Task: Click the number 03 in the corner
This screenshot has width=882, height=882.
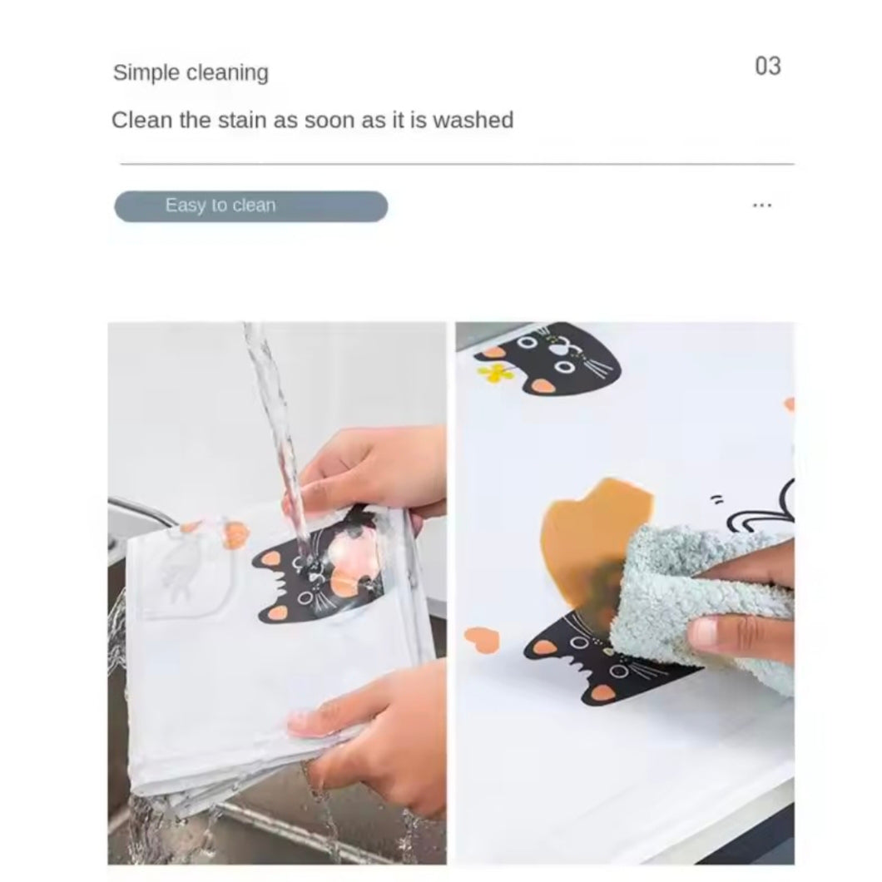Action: pyautogui.click(x=768, y=67)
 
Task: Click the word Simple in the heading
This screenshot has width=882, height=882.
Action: pyautogui.click(x=146, y=73)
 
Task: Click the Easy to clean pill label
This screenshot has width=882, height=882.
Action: pyautogui.click(x=251, y=206)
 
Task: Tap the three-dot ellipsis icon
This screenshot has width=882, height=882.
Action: pyautogui.click(x=762, y=206)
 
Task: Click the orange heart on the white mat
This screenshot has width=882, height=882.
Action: pyautogui.click(x=482, y=640)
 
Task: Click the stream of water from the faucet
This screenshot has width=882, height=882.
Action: pyautogui.click(x=275, y=439)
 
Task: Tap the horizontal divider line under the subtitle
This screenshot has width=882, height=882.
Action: pyautogui.click(x=457, y=164)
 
